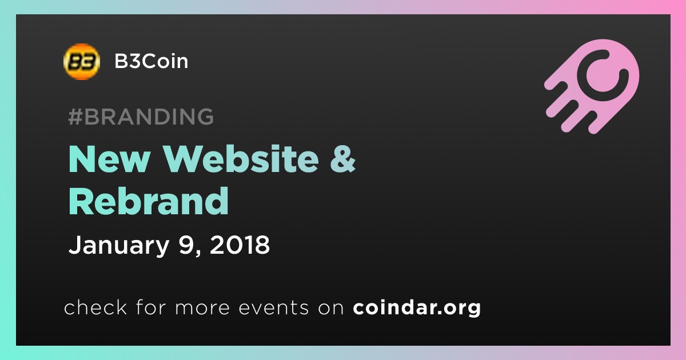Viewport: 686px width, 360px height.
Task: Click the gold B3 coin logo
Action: tap(81, 62)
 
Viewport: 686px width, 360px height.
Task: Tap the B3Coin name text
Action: tap(151, 61)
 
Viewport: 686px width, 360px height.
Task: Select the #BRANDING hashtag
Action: tap(141, 117)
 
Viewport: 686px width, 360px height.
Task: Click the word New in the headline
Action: tap(109, 159)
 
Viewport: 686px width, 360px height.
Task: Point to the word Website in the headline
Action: tap(241, 159)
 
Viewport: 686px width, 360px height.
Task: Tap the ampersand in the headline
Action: tap(342, 159)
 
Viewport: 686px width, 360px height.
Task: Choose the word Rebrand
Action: tap(149, 201)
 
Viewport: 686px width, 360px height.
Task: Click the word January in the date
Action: tap(119, 245)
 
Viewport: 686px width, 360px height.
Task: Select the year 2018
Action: tap(240, 245)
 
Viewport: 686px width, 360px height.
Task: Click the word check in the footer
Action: tap(95, 307)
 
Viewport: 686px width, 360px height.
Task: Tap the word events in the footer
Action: tap(274, 308)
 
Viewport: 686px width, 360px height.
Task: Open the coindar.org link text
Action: tap(417, 308)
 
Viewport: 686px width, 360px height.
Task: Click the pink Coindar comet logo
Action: tap(592, 86)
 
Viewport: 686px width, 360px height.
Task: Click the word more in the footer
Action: tap(202, 309)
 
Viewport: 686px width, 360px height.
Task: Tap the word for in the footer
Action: tap(151, 307)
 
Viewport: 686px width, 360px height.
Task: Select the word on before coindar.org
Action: tap(331, 309)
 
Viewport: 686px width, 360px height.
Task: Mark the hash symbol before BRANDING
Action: tap(75, 117)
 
